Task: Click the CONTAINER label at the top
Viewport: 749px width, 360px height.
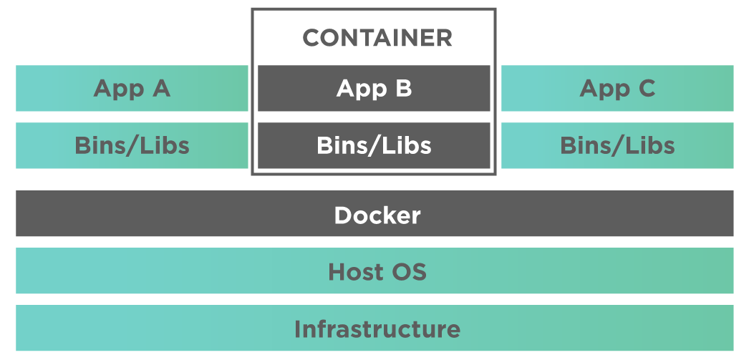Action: coord(377,38)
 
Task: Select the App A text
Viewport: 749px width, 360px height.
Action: coord(132,88)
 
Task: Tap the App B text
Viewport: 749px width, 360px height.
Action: coord(374,88)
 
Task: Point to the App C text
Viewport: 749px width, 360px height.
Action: coord(617,88)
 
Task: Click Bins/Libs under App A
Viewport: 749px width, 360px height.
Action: coord(132,145)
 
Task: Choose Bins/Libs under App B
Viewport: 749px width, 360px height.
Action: coord(374,145)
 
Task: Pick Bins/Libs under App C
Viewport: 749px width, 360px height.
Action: coord(617,145)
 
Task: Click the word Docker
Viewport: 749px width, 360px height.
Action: coord(377,215)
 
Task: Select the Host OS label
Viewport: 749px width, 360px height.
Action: coord(377,272)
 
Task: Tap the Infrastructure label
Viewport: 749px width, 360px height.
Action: coord(377,329)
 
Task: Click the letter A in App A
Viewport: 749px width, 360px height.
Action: coord(160,88)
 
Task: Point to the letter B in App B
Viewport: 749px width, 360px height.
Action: coord(403,88)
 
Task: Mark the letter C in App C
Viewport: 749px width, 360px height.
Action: coord(646,88)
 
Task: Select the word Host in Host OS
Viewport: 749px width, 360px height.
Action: coord(356,272)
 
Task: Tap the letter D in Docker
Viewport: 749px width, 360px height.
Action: coord(342,215)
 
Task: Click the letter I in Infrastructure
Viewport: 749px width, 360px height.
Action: coord(297,329)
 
